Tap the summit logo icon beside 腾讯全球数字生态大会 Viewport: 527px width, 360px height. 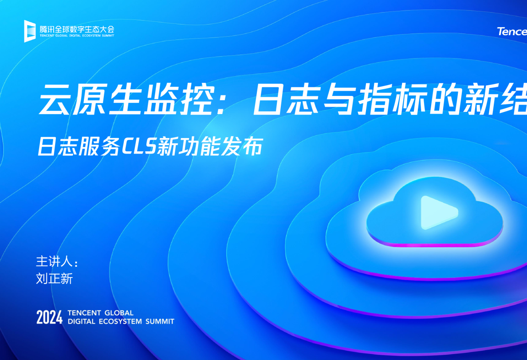point(30,31)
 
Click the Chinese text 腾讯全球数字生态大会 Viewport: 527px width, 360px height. point(77,28)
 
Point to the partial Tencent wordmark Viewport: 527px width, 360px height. point(512,32)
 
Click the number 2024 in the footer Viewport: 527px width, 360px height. point(50,317)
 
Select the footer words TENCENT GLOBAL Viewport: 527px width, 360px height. point(101,313)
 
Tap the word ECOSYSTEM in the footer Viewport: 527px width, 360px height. point(120,321)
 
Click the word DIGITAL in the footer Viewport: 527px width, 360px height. point(82,321)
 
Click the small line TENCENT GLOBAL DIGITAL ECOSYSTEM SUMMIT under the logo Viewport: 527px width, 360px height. point(77,36)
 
